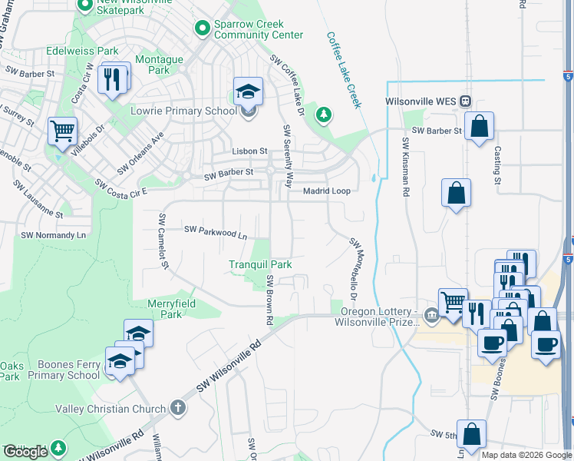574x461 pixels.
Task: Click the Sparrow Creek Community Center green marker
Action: tap(203, 28)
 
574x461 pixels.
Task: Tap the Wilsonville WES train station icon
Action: tap(465, 101)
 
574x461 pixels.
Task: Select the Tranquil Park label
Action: tap(260, 264)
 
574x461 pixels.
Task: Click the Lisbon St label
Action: tap(249, 152)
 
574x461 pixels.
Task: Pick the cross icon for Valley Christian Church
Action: tap(178, 408)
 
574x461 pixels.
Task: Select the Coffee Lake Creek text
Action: tap(343, 70)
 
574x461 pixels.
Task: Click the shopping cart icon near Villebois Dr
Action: tap(62, 131)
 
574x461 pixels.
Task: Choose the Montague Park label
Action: tap(159, 65)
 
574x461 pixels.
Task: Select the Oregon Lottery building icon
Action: tap(431, 313)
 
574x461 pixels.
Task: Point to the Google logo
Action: tap(26, 452)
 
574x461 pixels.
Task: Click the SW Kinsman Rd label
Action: tap(404, 167)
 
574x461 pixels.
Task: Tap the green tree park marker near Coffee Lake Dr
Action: tap(325, 115)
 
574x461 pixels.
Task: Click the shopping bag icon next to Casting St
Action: tap(479, 128)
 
